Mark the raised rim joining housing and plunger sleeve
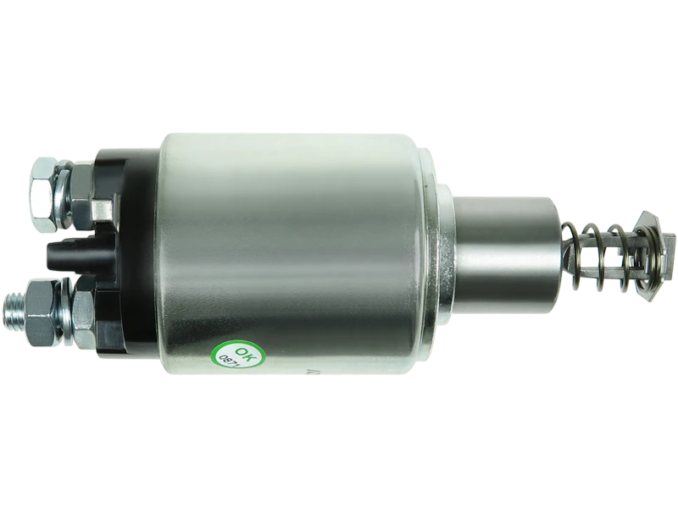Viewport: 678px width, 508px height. coord(444,254)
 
